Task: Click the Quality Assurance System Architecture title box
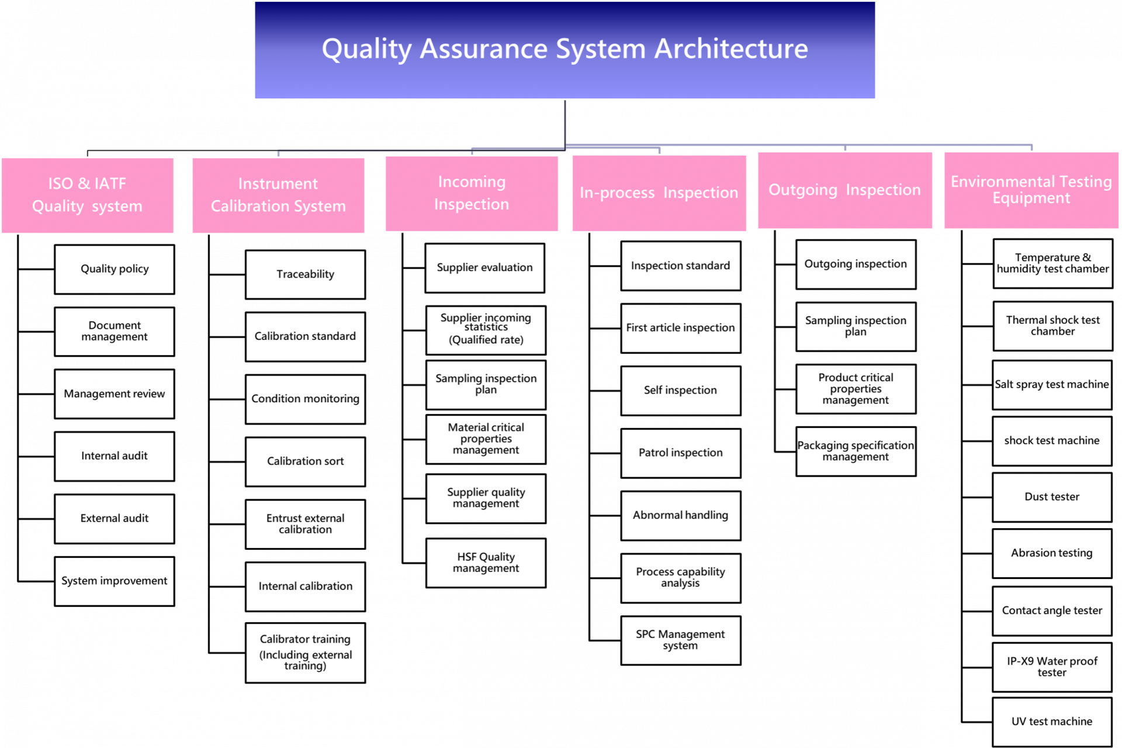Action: tap(565, 50)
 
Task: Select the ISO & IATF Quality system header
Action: tap(88, 195)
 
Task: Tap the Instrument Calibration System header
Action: tap(278, 195)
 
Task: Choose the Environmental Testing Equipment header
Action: tap(1031, 190)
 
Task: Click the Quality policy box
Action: tap(115, 269)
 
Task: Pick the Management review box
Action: tap(115, 394)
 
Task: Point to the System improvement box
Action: tap(115, 581)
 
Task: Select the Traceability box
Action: tap(305, 274)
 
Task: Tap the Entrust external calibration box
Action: tap(305, 524)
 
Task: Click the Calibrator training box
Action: tap(305, 653)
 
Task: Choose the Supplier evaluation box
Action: tap(485, 268)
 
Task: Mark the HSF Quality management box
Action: tap(486, 563)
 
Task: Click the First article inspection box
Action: tap(681, 328)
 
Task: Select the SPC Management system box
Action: tap(681, 640)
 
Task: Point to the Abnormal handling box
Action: tap(681, 515)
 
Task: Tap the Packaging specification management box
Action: tap(856, 451)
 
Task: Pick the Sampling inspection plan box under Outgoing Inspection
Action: tap(856, 326)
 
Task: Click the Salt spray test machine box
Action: tap(1052, 385)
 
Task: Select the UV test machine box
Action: tap(1052, 722)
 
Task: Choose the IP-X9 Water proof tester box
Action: tap(1052, 667)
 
